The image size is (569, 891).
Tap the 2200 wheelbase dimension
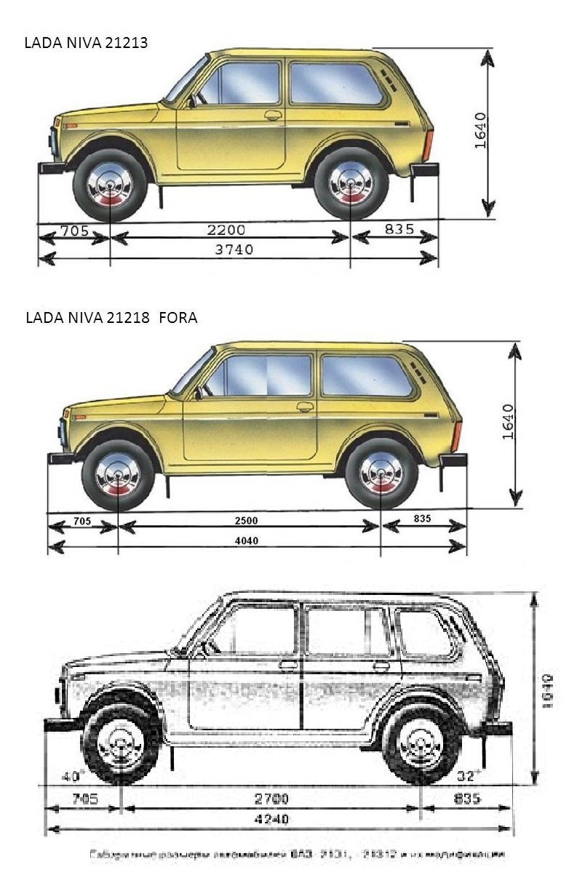tap(226, 230)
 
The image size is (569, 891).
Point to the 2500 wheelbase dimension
tap(246, 521)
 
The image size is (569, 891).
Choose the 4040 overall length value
tap(246, 540)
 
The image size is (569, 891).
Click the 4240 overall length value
tap(271, 819)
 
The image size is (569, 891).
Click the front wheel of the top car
tap(109, 185)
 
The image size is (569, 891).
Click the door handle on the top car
tap(273, 115)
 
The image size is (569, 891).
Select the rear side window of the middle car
tap(366, 375)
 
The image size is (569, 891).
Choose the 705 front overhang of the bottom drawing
tap(81, 799)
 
